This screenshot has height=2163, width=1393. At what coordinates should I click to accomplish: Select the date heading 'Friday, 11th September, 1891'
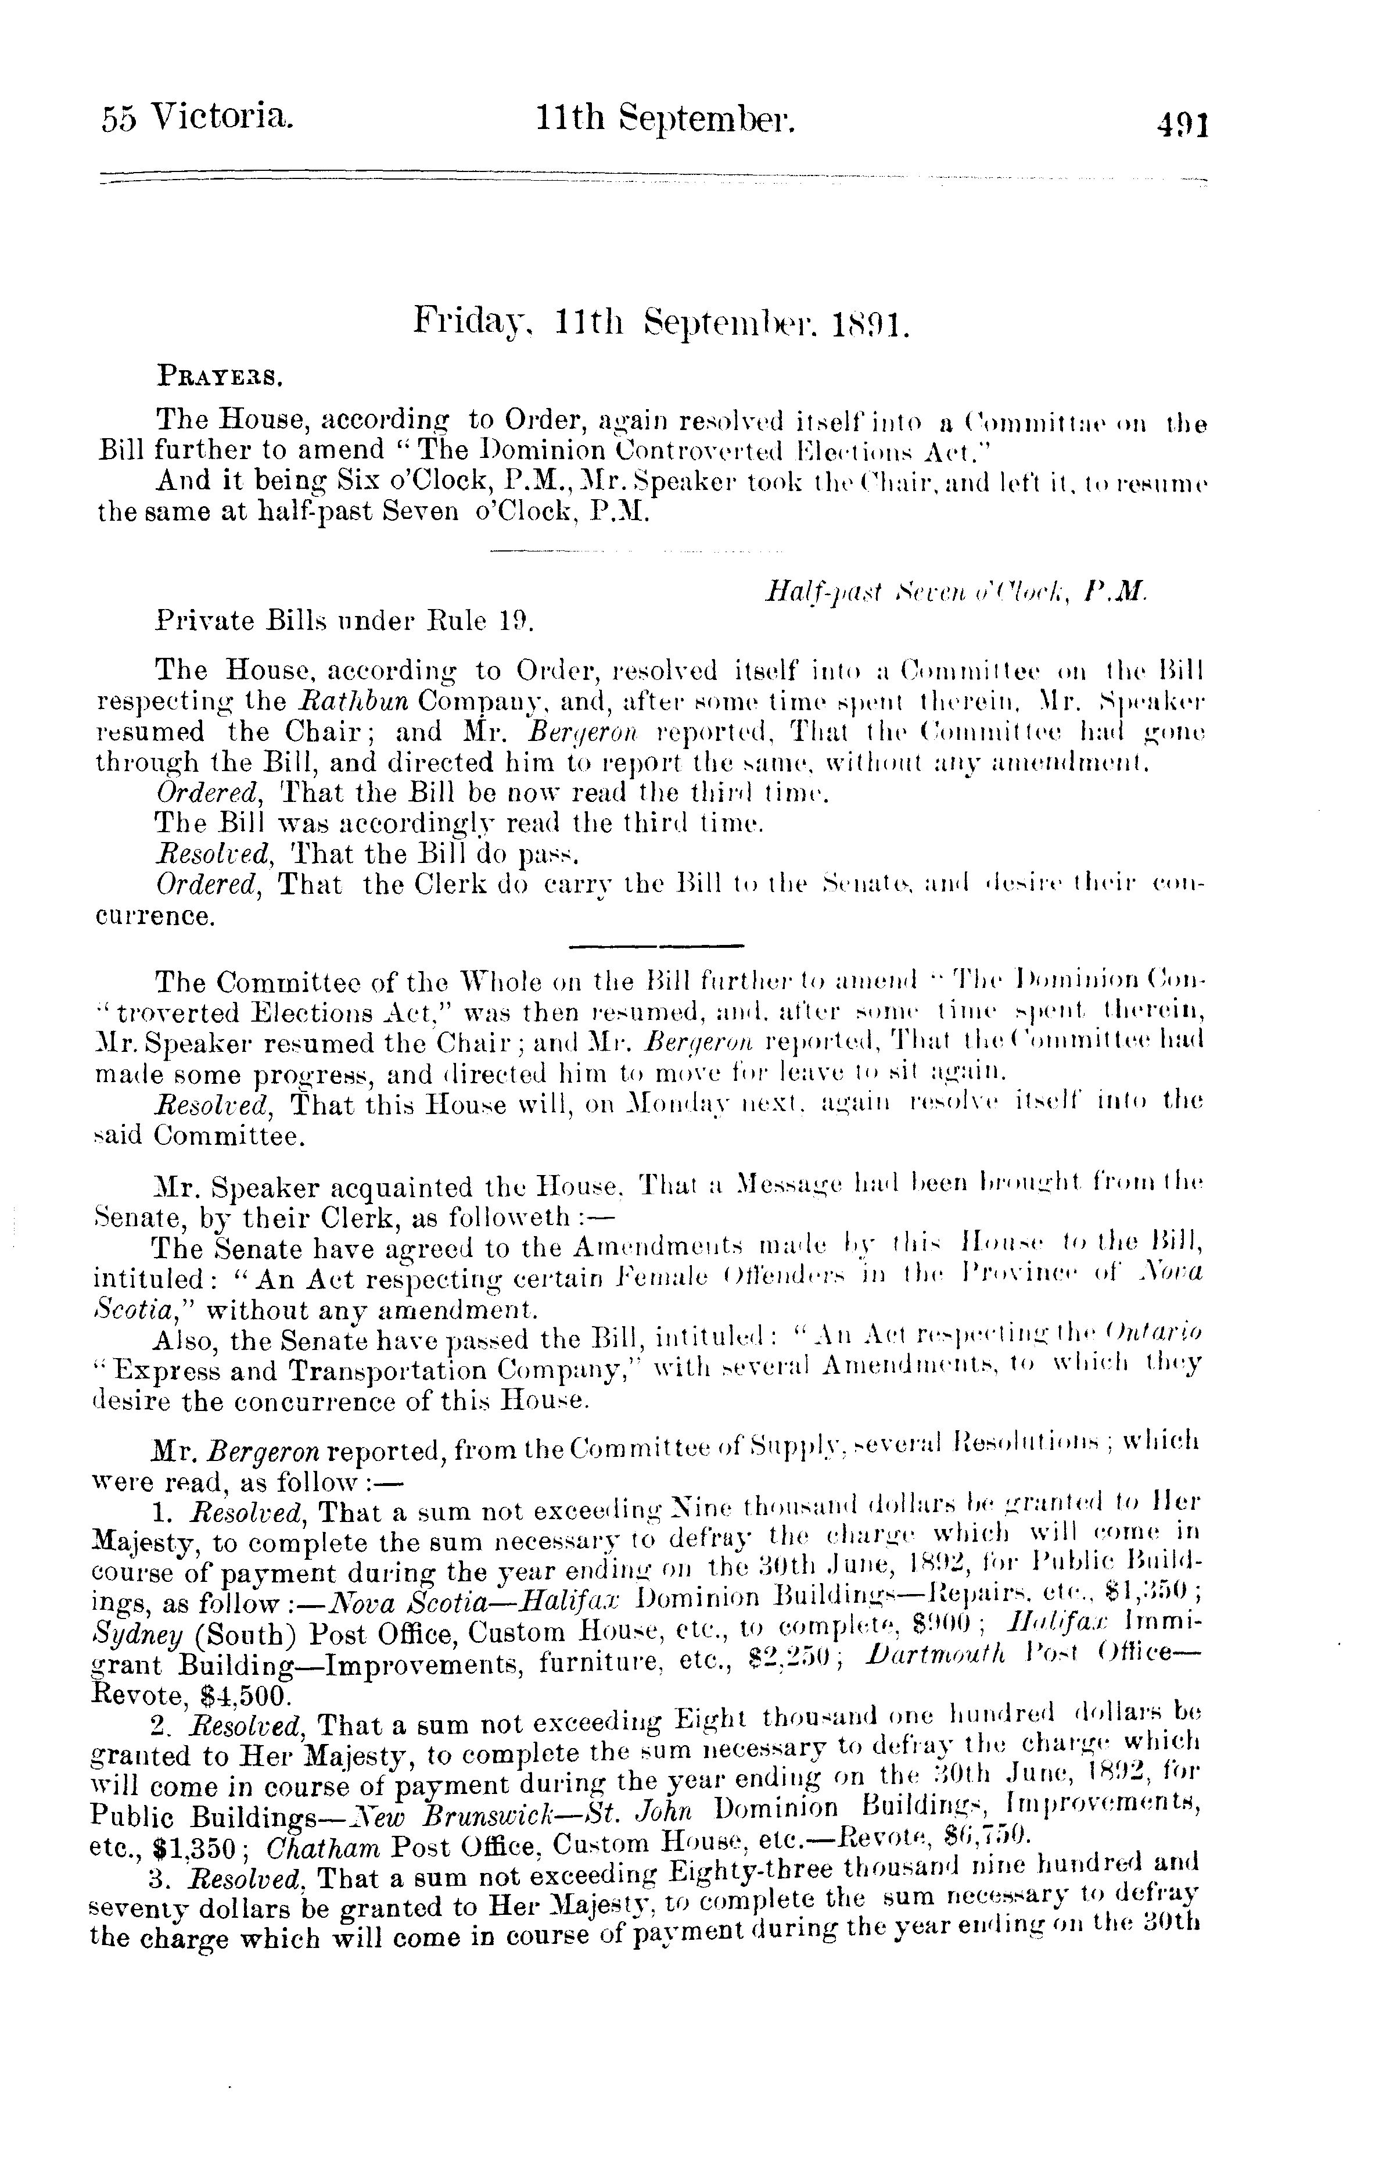pyautogui.click(x=661, y=321)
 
